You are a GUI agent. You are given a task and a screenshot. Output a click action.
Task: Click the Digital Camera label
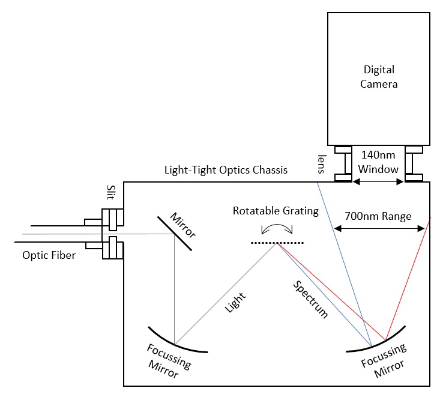pyautogui.click(x=379, y=76)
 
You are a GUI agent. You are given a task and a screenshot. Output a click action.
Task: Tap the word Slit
pyautogui.click(x=108, y=195)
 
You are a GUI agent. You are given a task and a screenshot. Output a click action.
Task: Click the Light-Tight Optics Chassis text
pyautogui.click(x=226, y=170)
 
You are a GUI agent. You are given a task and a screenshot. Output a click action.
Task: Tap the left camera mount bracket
pyautogui.click(x=343, y=163)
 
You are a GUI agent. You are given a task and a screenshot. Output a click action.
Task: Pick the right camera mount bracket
pyautogui.click(x=414, y=163)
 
